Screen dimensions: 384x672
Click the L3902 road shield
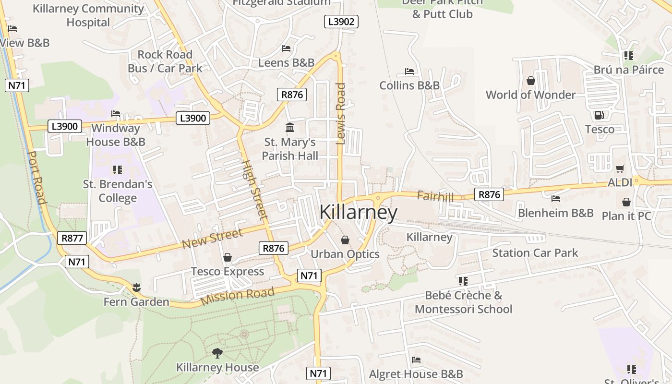tap(341, 22)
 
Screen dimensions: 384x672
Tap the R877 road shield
tap(72, 238)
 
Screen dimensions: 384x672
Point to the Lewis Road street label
tap(341, 114)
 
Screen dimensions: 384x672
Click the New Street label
tap(212, 239)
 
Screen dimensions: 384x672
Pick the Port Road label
tap(36, 178)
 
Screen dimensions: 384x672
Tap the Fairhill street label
tap(435, 196)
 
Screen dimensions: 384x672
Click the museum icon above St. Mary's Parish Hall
tap(290, 128)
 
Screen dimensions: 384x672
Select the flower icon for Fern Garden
tap(137, 288)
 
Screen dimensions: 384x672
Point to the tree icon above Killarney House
tap(217, 353)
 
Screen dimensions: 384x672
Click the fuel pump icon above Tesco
tap(599, 115)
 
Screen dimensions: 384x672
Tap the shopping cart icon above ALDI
tap(620, 168)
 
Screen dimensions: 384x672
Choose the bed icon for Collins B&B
tap(409, 72)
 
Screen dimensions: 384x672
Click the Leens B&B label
tap(286, 63)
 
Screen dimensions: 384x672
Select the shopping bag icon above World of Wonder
tap(531, 80)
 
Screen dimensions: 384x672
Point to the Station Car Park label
tap(535, 253)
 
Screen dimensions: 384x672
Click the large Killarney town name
tap(359, 213)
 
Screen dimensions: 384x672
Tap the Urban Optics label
tap(345, 254)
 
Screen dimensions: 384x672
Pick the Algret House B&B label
tap(416, 374)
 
